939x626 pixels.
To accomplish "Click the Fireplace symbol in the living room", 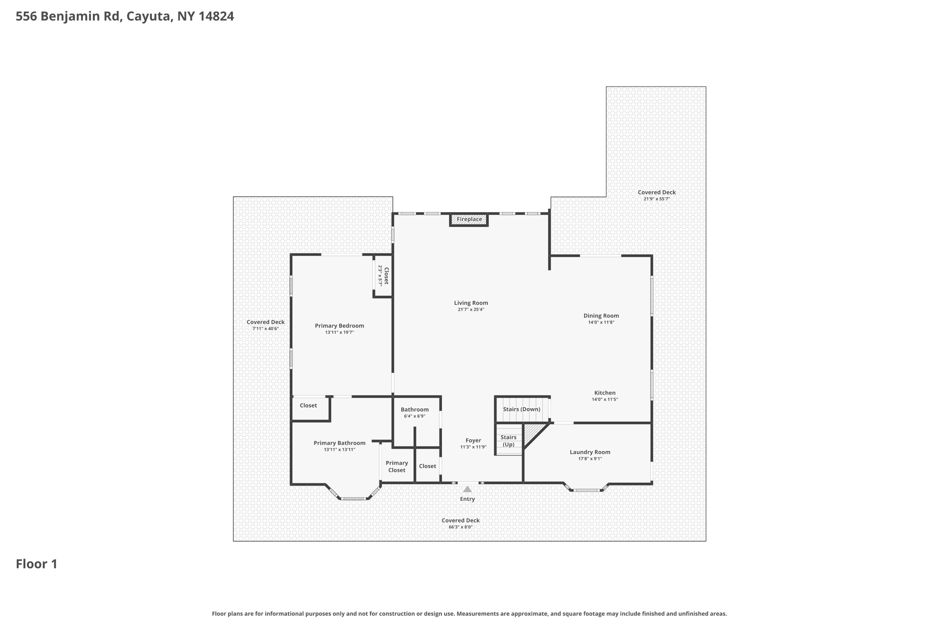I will pyautogui.click(x=469, y=220).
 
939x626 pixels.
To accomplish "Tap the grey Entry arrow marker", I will pyautogui.click(x=467, y=489).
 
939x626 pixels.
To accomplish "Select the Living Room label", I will pyautogui.click(x=471, y=303).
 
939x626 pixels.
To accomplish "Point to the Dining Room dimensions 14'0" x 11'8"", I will pyautogui.click(x=601, y=322).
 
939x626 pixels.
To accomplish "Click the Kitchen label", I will pyautogui.click(x=605, y=393).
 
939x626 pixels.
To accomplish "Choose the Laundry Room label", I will pyautogui.click(x=590, y=452).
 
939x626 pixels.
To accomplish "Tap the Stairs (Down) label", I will pyautogui.click(x=521, y=409).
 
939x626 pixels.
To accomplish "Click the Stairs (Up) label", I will pyautogui.click(x=508, y=441).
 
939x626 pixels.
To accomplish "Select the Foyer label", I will pyautogui.click(x=473, y=440).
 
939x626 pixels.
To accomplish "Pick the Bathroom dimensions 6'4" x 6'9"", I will pyautogui.click(x=414, y=416).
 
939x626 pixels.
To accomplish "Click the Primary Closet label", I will pyautogui.click(x=397, y=466).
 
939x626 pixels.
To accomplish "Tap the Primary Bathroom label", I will pyautogui.click(x=339, y=443).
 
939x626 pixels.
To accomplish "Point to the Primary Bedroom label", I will pyautogui.click(x=339, y=326).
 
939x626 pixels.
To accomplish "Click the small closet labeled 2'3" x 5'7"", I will pyautogui.click(x=383, y=276).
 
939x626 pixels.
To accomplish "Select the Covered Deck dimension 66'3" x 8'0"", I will pyautogui.click(x=460, y=527).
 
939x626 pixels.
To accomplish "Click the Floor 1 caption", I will pyautogui.click(x=37, y=564).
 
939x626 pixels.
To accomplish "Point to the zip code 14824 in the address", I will pyautogui.click(x=216, y=17).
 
